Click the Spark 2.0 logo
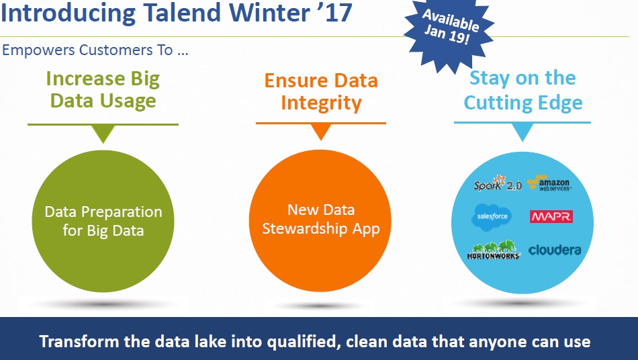pyautogui.click(x=497, y=183)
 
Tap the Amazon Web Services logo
pyautogui.click(x=549, y=183)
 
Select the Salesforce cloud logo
pyautogui.click(x=492, y=217)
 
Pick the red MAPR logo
pyautogui.click(x=551, y=216)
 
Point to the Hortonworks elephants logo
pyautogui.click(x=494, y=250)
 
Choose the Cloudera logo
pyautogui.click(x=555, y=250)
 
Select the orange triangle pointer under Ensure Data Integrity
pyautogui.click(x=320, y=132)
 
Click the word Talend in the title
pyautogui.click(x=181, y=12)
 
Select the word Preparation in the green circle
pyautogui.click(x=122, y=212)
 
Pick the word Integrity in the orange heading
pyautogui.click(x=321, y=103)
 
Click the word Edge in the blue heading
pyautogui.click(x=560, y=103)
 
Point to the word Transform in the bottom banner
pyautogui.click(x=79, y=341)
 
